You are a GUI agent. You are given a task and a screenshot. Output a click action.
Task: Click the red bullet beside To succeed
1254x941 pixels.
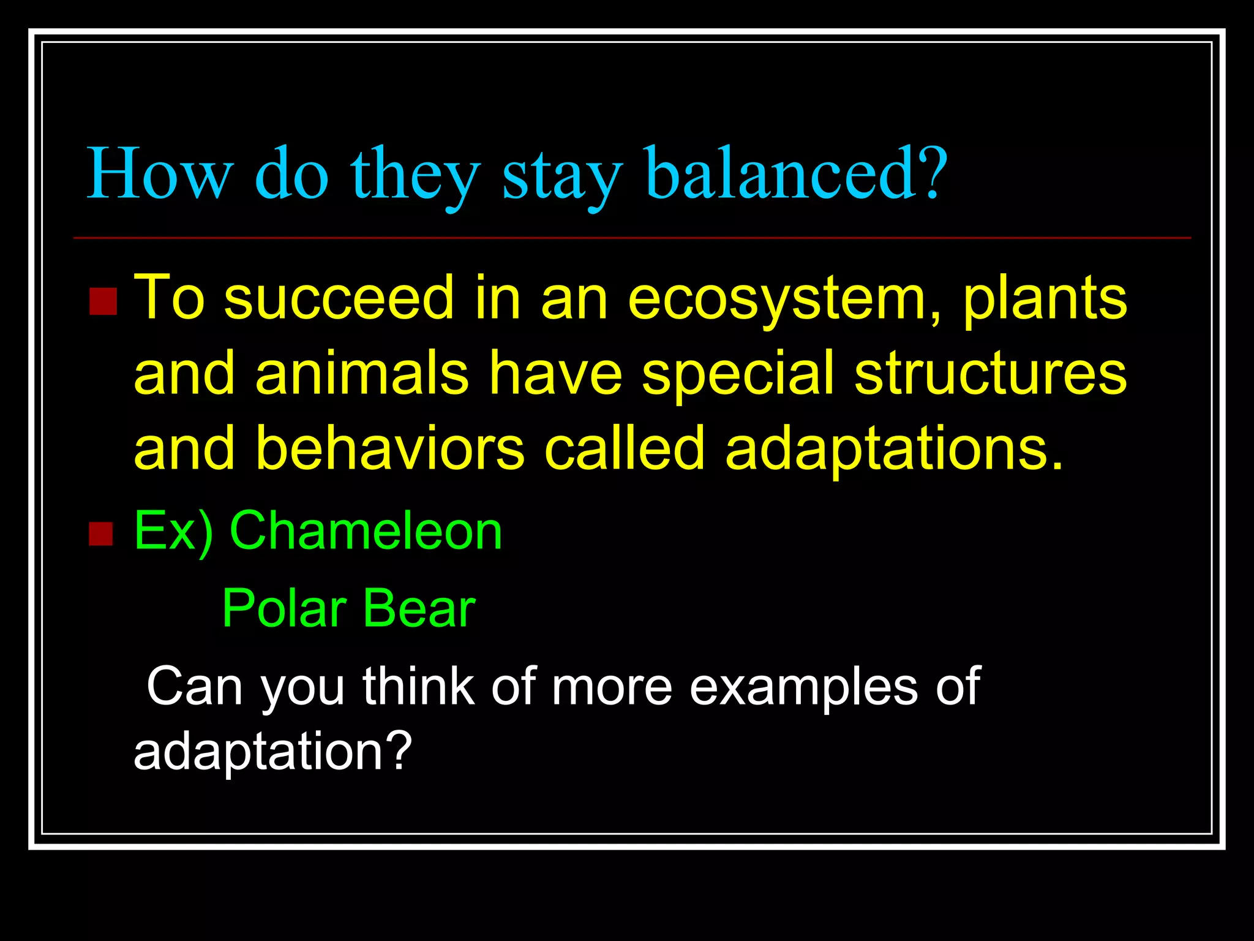102,301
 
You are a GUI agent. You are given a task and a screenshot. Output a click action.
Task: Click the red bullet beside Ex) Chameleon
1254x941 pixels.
101,534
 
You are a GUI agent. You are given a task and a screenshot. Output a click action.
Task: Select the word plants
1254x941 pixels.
1045,299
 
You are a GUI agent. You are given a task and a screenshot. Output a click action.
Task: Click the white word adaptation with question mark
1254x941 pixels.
272,752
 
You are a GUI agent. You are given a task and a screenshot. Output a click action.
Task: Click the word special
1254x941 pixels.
738,374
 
